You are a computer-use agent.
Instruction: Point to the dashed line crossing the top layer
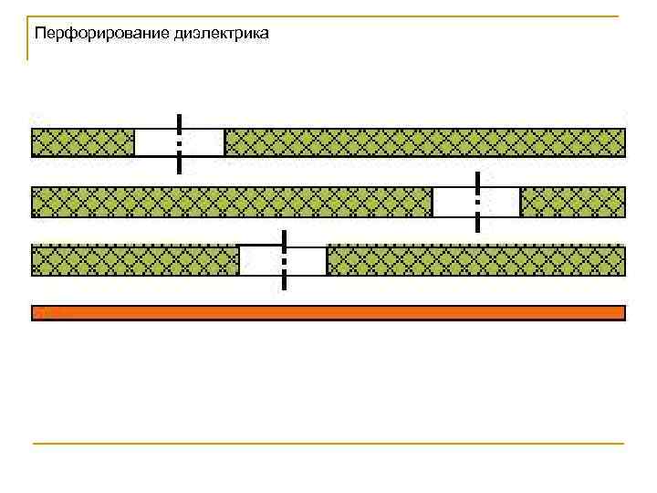[x=180, y=143]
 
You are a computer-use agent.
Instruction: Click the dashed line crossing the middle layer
[x=477, y=201]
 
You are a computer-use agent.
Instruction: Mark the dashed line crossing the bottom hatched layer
[x=285, y=260]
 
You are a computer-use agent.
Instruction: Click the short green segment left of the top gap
[x=83, y=142]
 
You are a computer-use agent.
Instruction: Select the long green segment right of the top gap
[x=424, y=142]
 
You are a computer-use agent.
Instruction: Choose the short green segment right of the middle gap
[x=572, y=202]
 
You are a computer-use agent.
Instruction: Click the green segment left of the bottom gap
[x=135, y=260]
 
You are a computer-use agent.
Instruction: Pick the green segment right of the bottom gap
[x=475, y=260]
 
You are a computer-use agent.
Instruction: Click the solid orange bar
[x=328, y=312]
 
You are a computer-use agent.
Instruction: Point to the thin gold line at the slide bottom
[x=328, y=444]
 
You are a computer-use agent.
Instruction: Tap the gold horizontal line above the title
[x=328, y=16]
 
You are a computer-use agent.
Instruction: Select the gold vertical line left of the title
[x=27, y=38]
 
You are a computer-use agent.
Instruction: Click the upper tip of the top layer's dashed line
[x=180, y=116]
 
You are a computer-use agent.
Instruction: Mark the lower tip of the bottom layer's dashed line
[x=285, y=288]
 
